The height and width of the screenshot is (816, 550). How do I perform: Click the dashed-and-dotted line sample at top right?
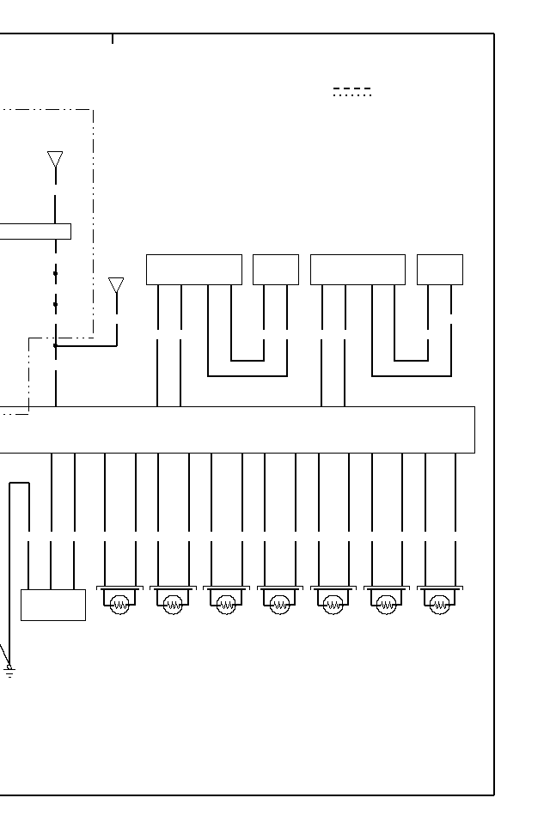tap(352, 92)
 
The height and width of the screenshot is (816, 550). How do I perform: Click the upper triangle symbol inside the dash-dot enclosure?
tap(55, 159)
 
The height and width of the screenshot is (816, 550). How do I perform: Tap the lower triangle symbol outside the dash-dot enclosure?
tap(116, 284)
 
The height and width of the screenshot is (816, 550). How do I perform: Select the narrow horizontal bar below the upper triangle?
tap(34, 231)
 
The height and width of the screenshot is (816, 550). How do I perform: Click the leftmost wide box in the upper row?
tap(194, 270)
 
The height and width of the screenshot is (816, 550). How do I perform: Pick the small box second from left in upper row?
tap(276, 270)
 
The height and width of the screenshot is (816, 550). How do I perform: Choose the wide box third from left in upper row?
tap(357, 270)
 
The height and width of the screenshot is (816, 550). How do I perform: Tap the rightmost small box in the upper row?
tap(440, 270)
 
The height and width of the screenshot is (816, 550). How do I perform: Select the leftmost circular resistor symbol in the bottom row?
tap(120, 605)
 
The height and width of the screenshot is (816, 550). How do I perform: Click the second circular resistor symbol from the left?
tap(174, 605)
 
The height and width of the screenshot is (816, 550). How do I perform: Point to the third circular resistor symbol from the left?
tap(227, 605)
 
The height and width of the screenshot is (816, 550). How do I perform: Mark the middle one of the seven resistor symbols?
tap(280, 605)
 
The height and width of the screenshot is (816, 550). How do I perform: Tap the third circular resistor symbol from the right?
tap(333, 605)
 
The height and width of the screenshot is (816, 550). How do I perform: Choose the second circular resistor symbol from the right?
tap(387, 605)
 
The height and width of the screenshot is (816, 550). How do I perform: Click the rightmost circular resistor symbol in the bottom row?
tap(440, 605)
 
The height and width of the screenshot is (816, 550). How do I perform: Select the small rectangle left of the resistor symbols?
tap(53, 605)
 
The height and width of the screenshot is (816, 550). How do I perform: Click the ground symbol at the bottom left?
tap(9, 670)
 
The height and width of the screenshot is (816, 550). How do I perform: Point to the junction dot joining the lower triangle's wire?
tap(56, 346)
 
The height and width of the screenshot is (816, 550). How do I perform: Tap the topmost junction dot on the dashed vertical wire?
tap(56, 274)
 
